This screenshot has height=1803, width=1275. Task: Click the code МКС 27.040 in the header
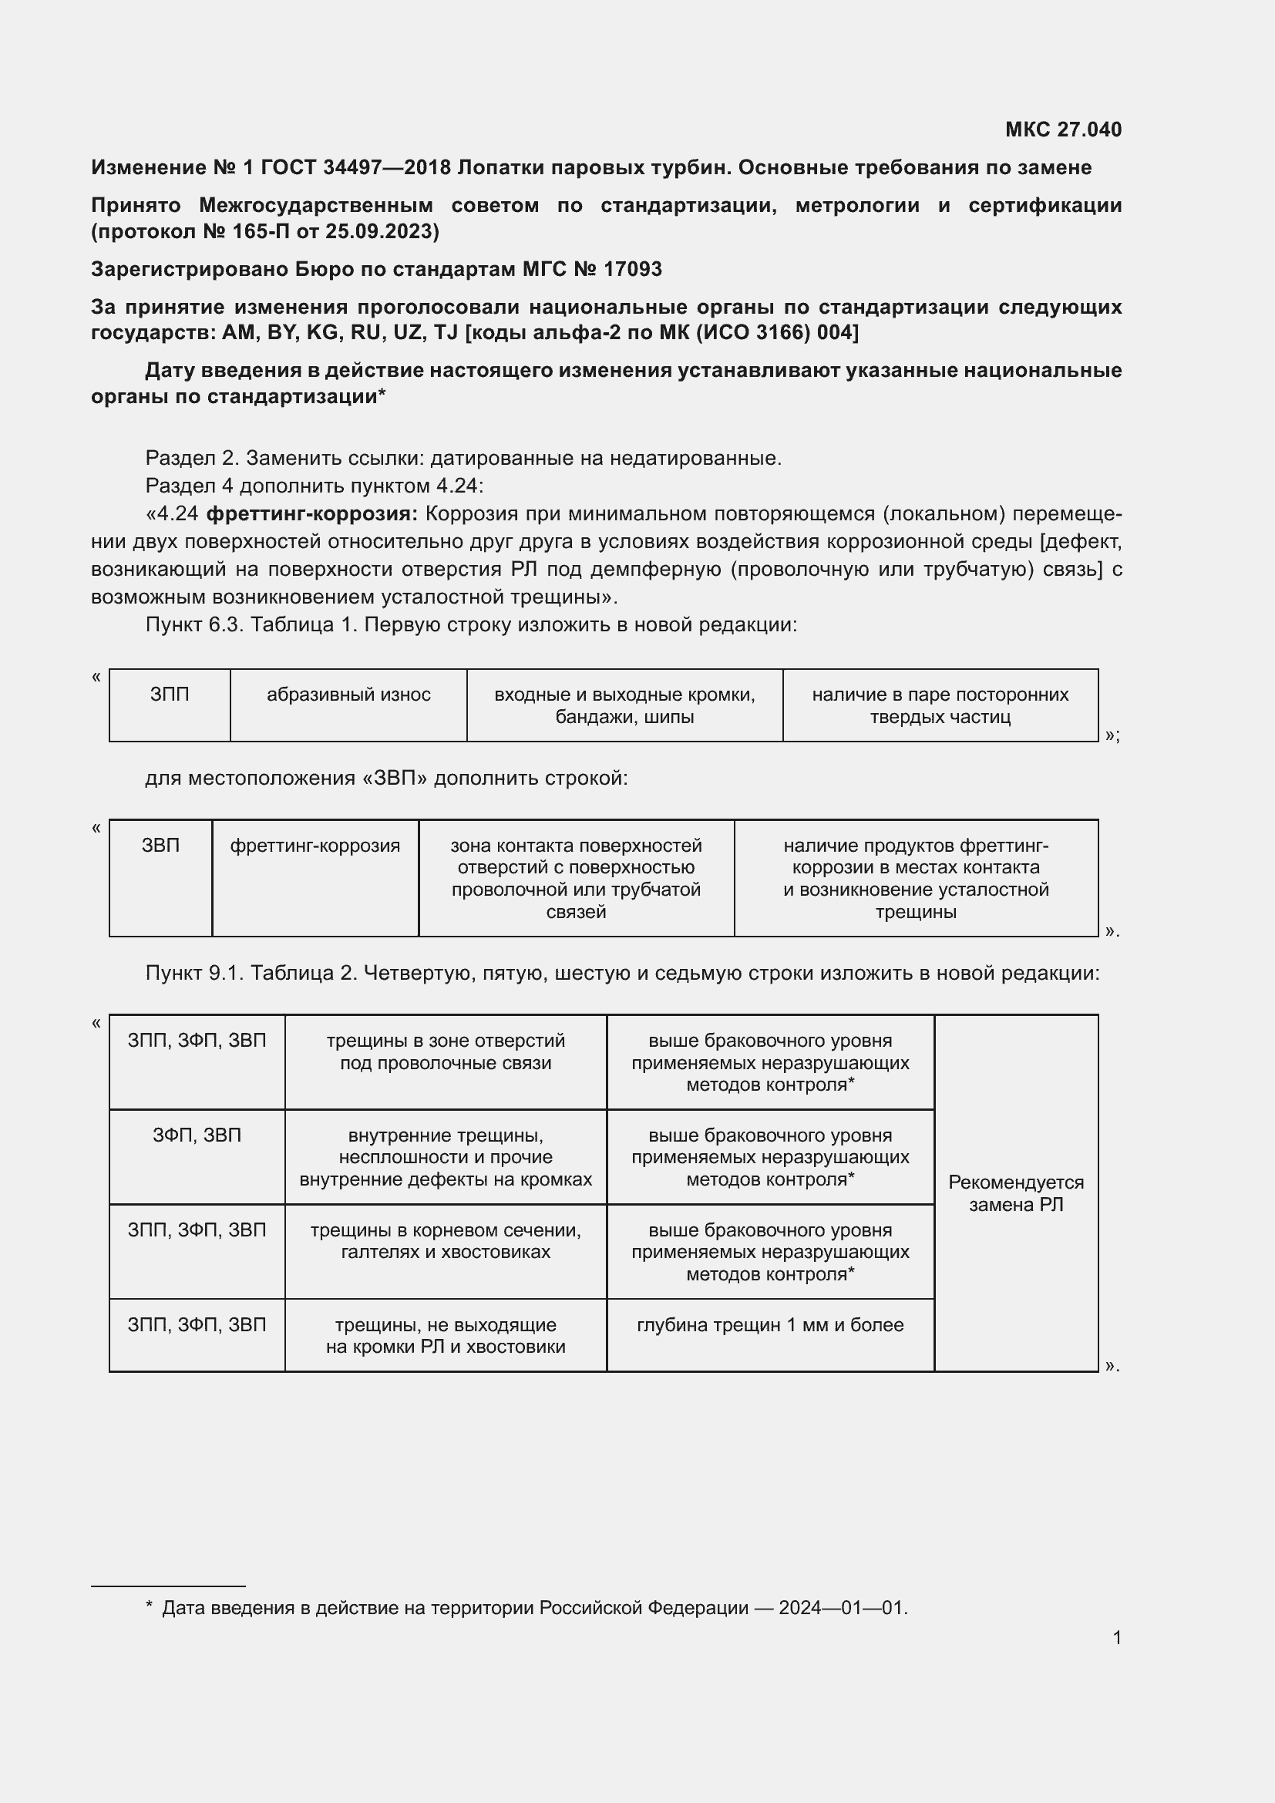click(x=1063, y=130)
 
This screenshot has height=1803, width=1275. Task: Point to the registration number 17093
click(x=632, y=269)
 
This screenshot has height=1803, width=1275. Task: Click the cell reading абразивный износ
click(x=348, y=695)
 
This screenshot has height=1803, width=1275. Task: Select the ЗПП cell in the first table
click(x=170, y=695)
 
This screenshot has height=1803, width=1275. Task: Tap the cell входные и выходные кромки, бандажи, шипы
click(x=624, y=705)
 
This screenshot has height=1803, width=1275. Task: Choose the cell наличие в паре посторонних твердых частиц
click(x=940, y=705)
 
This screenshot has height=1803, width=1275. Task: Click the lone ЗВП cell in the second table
click(x=160, y=846)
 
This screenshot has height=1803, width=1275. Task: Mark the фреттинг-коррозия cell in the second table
click(x=315, y=846)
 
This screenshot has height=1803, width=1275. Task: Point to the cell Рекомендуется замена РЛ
click(x=1016, y=1192)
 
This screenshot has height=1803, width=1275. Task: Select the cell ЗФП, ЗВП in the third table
click(x=197, y=1135)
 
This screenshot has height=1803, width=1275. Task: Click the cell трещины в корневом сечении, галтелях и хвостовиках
click(x=445, y=1241)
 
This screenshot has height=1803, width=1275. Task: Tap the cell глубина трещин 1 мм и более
click(x=769, y=1325)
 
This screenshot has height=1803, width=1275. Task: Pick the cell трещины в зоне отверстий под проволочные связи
click(x=445, y=1051)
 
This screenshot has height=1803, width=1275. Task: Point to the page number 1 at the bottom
click(x=1116, y=1637)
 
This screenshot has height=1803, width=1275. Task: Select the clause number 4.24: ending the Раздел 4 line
click(x=459, y=486)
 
